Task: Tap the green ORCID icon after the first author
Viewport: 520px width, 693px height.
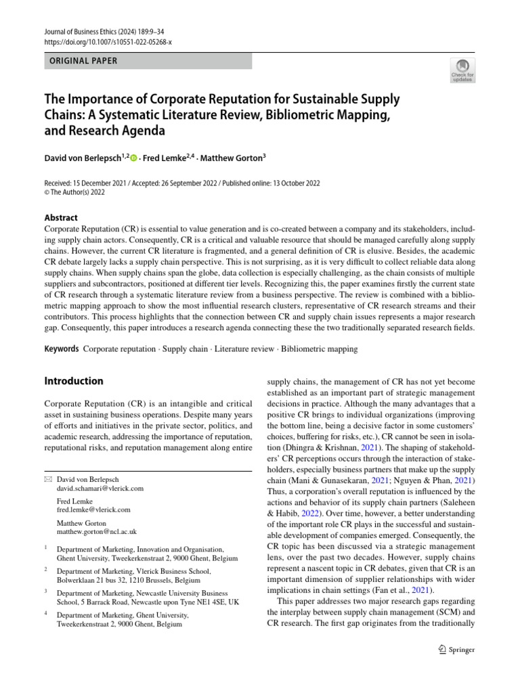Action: (x=133, y=158)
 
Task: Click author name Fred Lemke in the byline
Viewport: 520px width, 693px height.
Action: (x=167, y=158)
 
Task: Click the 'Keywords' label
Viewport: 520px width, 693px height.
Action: (x=61, y=349)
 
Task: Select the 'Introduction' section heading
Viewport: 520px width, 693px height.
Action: (x=73, y=381)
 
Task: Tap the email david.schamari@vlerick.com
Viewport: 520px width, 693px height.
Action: (x=100, y=488)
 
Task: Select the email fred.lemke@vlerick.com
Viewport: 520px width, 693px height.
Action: (x=93, y=510)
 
